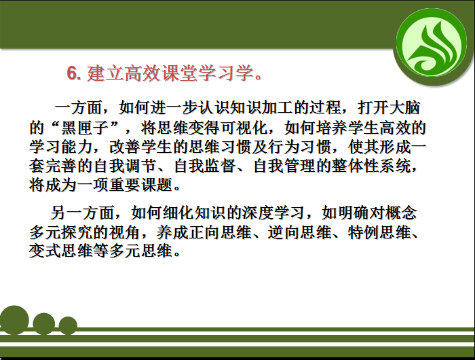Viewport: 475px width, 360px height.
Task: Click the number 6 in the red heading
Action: coord(72,73)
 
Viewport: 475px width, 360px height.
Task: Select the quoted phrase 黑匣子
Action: coord(85,128)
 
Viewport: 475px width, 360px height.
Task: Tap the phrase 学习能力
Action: coord(60,147)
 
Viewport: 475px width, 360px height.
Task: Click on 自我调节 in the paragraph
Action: coord(126,166)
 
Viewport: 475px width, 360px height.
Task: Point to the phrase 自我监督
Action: coord(205,166)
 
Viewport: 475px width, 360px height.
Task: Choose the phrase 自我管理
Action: coord(284,166)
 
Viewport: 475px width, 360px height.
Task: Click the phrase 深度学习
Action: coord(273,213)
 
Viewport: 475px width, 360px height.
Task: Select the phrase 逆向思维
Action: coord(299,232)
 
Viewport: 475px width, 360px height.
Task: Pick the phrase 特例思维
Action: coord(379,232)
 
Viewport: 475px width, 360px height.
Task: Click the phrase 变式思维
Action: coord(60,251)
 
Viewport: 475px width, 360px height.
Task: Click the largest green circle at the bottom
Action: coord(14,320)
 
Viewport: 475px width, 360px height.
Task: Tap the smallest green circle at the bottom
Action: coord(68,325)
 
